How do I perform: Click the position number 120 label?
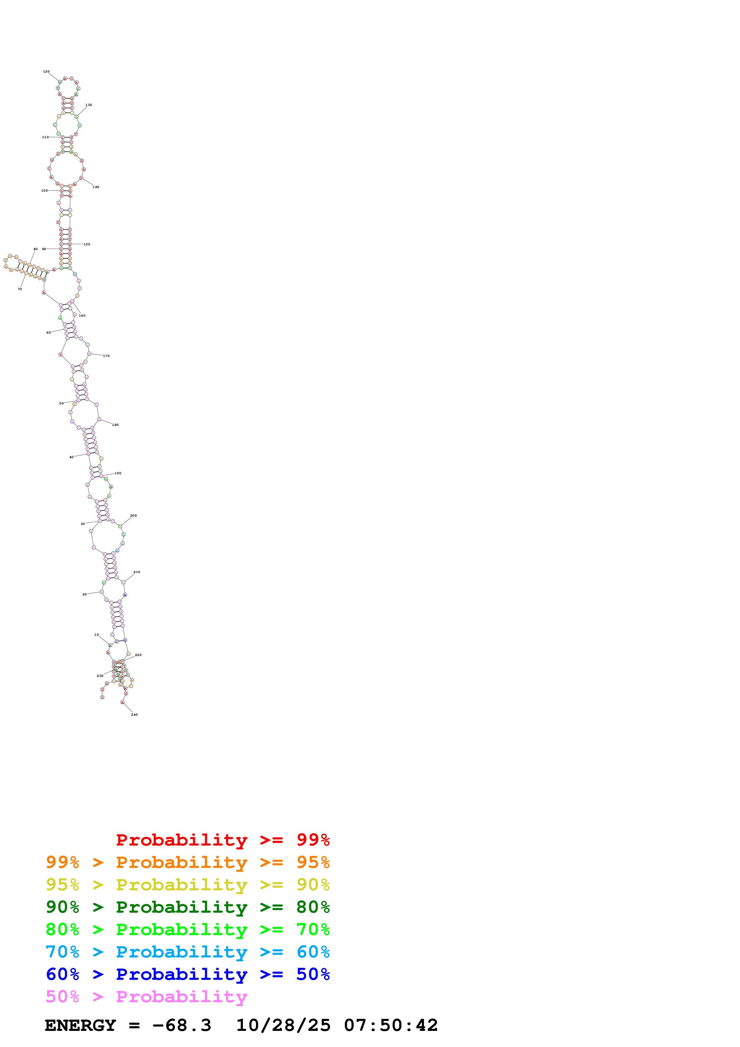coord(46,72)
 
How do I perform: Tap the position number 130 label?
coord(88,105)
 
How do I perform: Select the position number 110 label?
coord(45,137)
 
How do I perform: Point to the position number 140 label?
coord(96,187)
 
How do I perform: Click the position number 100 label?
coord(44,191)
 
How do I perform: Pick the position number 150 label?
coord(87,244)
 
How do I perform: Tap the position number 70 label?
coord(20,289)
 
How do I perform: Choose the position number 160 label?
coord(82,315)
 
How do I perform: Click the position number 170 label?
coord(106,356)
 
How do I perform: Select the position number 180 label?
coord(115,425)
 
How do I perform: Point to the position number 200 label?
coord(133,516)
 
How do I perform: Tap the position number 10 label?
coord(97,635)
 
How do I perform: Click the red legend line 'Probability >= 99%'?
coord(222,840)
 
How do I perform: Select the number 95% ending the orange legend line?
coord(313,862)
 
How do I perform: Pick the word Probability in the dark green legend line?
coord(181,907)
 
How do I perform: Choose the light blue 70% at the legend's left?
coord(62,952)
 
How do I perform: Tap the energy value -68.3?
coord(181,1025)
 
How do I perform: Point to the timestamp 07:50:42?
coord(391,1025)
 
